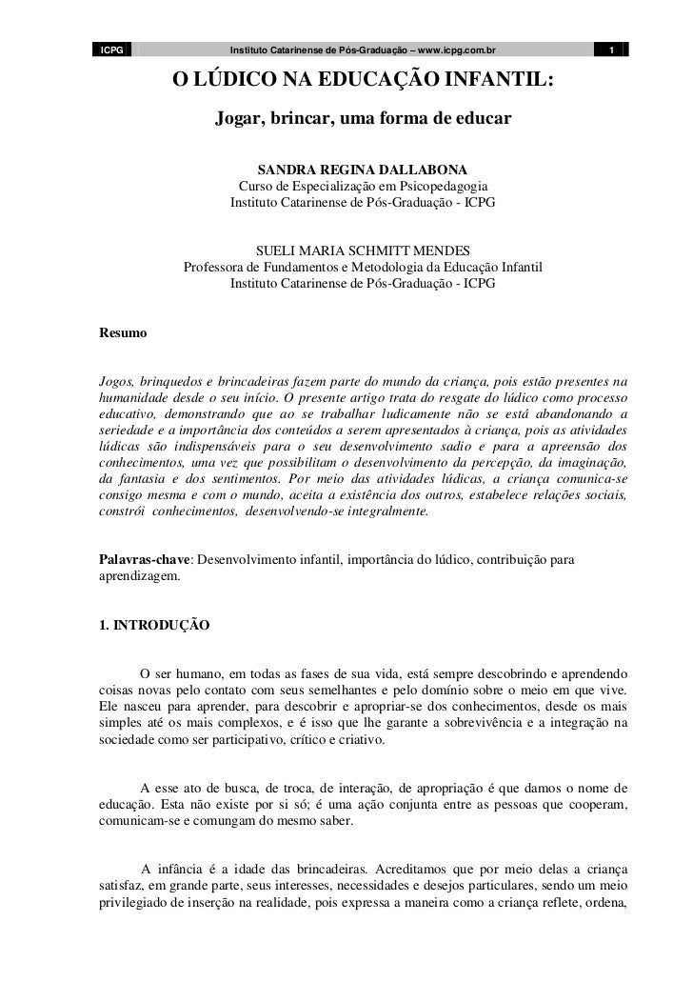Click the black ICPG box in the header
tap(113, 50)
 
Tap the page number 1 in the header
tap(612, 50)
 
